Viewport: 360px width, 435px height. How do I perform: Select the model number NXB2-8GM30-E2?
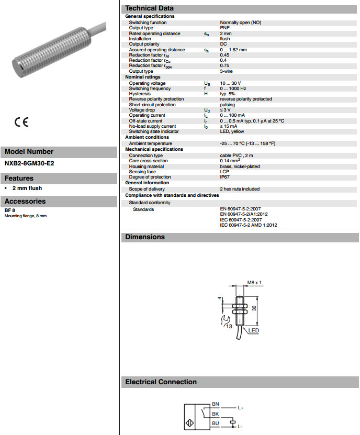coord(29,163)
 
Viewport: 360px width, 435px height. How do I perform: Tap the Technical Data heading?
coord(150,8)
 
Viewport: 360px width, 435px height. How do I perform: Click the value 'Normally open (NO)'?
coord(240,23)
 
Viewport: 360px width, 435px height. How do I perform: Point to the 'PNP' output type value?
coord(224,28)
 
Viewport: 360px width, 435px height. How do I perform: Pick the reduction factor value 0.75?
coord(224,65)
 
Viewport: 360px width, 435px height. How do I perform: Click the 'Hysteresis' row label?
coord(140,94)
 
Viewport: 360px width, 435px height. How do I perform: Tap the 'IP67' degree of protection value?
coord(224,177)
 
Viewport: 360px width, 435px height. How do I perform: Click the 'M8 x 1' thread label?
coord(254,283)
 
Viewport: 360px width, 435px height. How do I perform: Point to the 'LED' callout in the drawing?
coord(254,330)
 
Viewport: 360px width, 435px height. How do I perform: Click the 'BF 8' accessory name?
coord(9,210)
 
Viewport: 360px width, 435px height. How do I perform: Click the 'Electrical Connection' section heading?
coord(161,382)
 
